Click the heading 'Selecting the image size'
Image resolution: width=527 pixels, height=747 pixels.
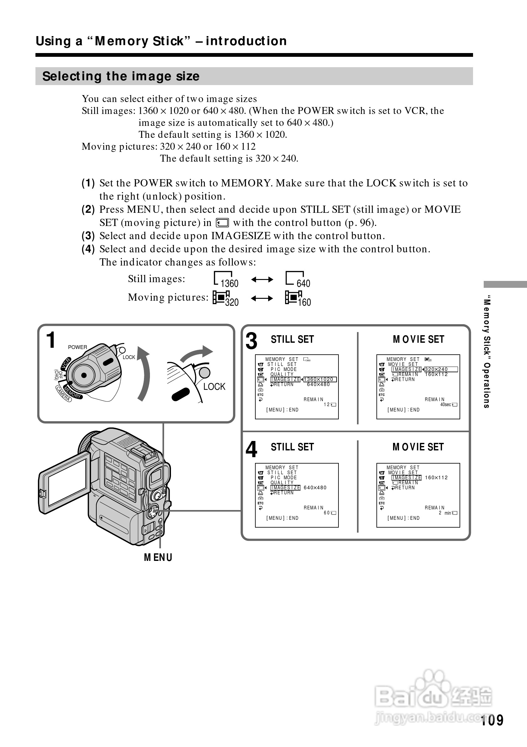tap(121, 76)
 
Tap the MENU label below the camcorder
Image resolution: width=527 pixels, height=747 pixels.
tap(158, 557)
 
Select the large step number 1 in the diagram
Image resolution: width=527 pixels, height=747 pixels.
tap(51, 340)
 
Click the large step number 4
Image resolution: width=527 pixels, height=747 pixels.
tap(251, 449)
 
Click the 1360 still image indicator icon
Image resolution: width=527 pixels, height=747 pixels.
tap(226, 280)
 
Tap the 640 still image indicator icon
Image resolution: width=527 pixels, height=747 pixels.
tap(298, 280)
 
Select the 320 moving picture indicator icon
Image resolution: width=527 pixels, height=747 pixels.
tap(226, 298)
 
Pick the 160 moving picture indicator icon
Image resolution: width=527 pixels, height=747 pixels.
tap(298, 298)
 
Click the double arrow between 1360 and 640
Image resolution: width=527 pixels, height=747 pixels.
tap(262, 279)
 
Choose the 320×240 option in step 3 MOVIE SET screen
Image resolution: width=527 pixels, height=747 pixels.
tap(436, 369)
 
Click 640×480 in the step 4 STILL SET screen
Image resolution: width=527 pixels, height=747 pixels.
tap(315, 487)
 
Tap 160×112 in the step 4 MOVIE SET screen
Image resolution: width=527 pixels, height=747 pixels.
tap(436, 478)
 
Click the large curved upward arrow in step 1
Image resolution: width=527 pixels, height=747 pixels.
tap(143, 374)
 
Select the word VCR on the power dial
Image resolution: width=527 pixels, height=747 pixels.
tap(66, 363)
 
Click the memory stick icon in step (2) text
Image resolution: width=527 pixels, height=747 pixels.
tap(222, 223)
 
